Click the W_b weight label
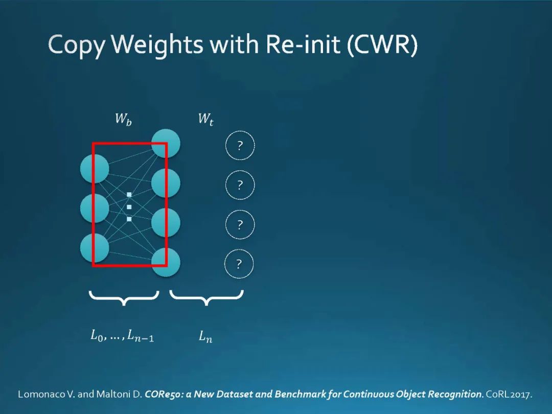point(123,120)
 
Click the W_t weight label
point(205,120)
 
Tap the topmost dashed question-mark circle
point(240,146)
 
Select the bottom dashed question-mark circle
point(239,264)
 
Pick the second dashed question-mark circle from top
point(240,185)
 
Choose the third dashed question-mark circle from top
point(240,224)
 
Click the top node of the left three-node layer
point(95,169)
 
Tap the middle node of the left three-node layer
point(95,208)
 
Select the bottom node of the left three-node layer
point(95,247)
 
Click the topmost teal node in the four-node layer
point(166,143)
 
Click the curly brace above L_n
point(206,297)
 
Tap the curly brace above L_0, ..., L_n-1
point(124,297)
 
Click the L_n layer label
point(205,337)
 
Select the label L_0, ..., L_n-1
point(122,336)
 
